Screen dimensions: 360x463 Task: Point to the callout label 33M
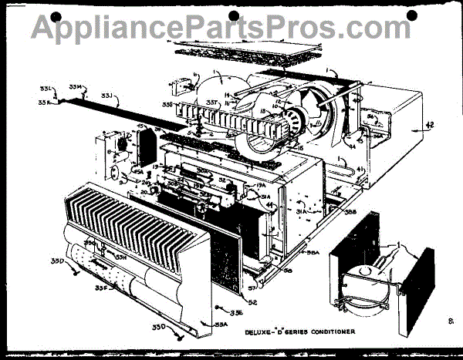(75, 86)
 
